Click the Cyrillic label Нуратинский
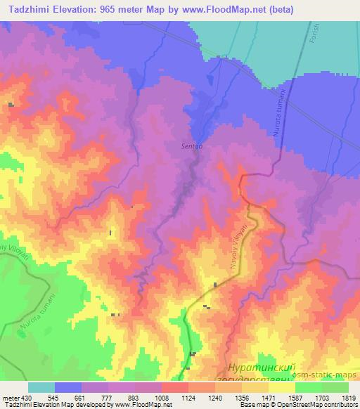click(x=261, y=367)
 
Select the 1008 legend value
click(x=162, y=397)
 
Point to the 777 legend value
click(x=108, y=397)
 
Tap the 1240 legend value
click(x=215, y=397)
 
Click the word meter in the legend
click(x=11, y=397)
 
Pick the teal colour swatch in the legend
click(x=41, y=387)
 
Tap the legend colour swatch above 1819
click(x=335, y=387)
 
